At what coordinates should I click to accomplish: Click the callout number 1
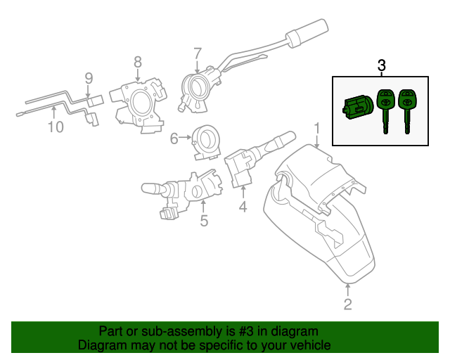[x=317, y=128]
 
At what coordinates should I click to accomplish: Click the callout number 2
[x=348, y=304]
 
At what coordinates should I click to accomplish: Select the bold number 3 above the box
[x=382, y=65]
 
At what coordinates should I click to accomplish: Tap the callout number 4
[x=243, y=207]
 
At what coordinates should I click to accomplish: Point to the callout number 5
[x=204, y=221]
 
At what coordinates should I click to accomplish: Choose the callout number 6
[x=174, y=139]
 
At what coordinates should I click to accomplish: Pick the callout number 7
[x=198, y=52]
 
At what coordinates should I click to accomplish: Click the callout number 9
[x=89, y=78]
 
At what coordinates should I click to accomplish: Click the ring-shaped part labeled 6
[x=207, y=139]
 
